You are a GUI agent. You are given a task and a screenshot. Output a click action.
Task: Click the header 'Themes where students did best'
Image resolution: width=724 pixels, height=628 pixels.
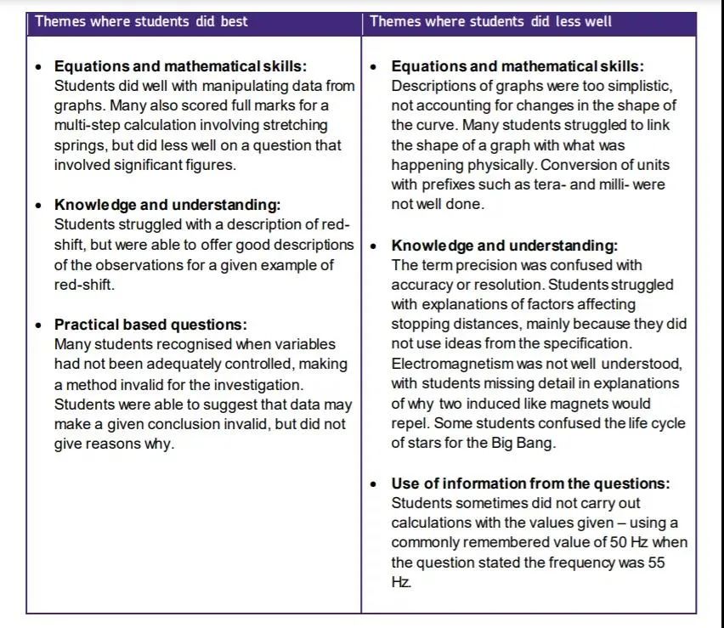(141, 21)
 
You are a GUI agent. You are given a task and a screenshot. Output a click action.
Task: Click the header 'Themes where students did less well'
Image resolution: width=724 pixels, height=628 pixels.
(490, 21)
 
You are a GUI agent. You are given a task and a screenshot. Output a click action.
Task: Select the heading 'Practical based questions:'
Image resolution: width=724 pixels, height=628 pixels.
(150, 325)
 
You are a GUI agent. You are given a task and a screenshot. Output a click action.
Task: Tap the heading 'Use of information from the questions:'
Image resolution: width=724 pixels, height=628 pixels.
(530, 484)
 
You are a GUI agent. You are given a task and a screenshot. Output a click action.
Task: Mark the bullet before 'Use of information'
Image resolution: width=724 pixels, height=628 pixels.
(375, 484)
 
